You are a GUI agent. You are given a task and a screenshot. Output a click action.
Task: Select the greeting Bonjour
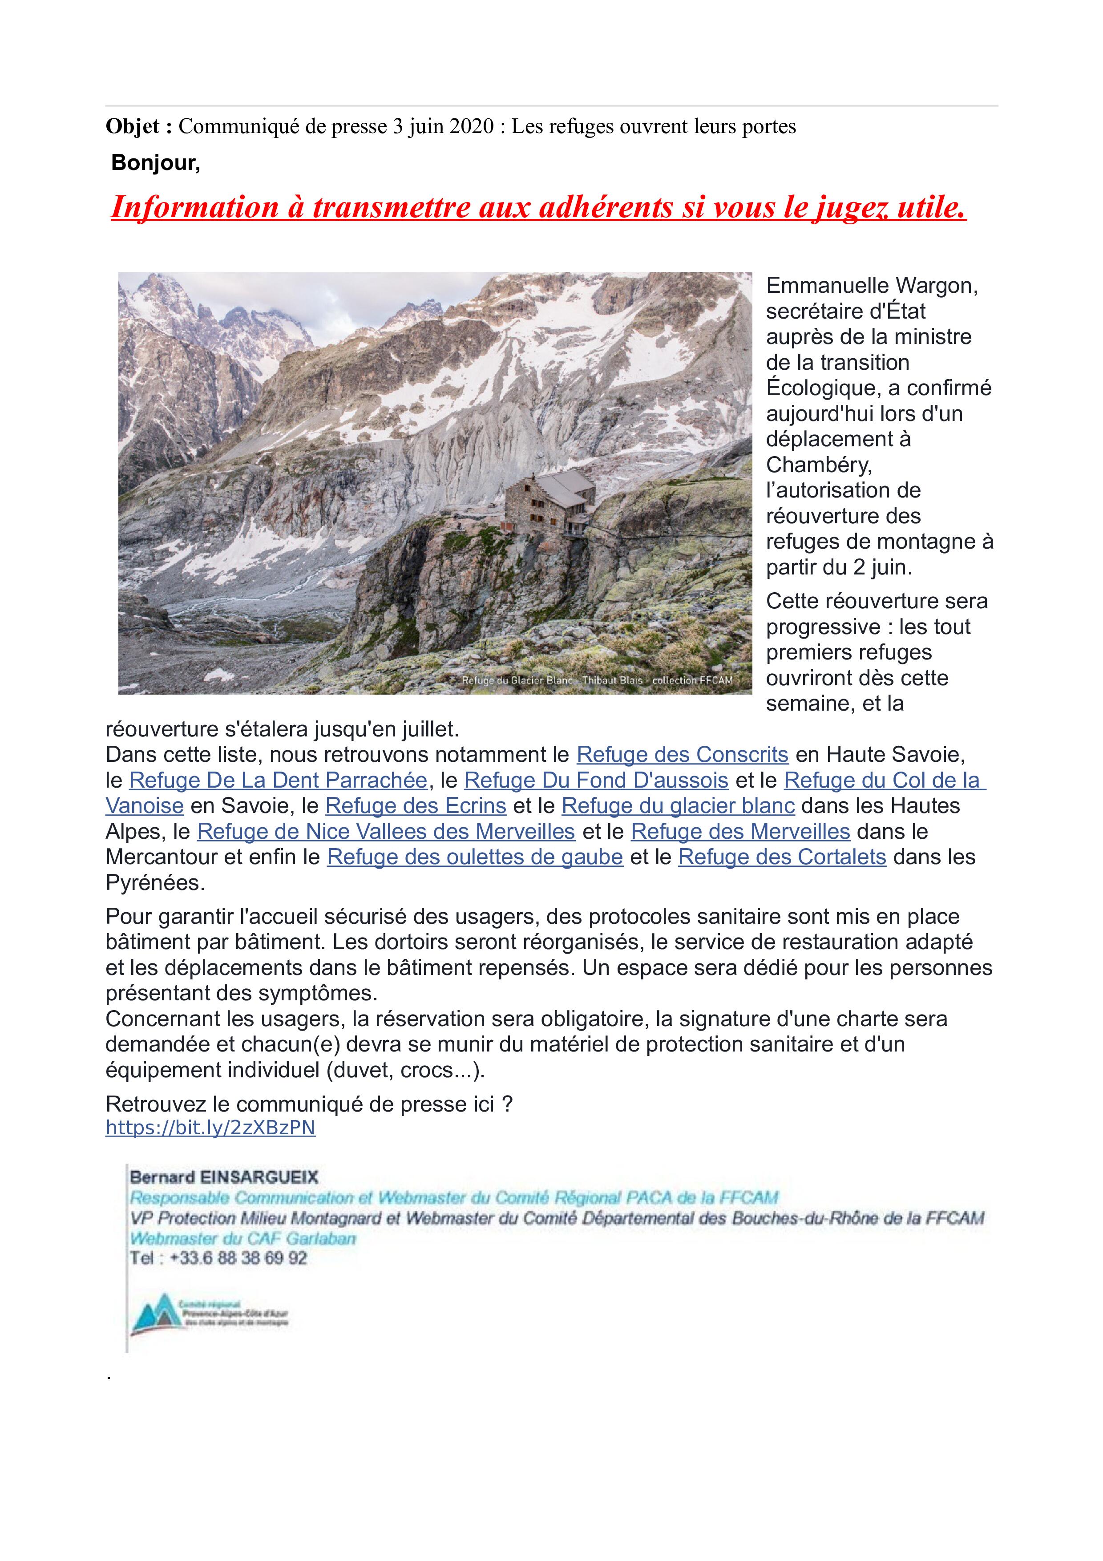(x=156, y=163)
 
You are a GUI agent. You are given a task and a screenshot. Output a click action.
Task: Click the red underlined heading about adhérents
(x=538, y=207)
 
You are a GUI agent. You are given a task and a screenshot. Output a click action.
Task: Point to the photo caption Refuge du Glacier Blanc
(x=517, y=680)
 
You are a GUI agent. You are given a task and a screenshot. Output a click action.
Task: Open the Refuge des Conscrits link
(x=683, y=755)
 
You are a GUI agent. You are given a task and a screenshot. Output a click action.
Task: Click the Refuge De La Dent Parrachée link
(x=278, y=780)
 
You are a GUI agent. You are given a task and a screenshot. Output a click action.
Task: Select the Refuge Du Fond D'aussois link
(x=596, y=780)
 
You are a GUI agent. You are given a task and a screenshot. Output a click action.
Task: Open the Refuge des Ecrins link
(x=416, y=806)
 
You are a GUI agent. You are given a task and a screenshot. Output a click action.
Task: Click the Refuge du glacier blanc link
(x=678, y=806)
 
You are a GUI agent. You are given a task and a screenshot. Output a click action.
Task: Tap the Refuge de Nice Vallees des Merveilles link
(x=386, y=832)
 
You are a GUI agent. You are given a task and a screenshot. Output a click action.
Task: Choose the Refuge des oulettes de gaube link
(x=475, y=857)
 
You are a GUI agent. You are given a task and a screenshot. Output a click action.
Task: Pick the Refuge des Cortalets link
(x=782, y=857)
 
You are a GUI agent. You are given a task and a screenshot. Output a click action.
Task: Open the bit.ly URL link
(x=210, y=1128)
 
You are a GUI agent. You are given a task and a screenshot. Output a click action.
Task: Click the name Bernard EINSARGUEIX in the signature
(x=224, y=1177)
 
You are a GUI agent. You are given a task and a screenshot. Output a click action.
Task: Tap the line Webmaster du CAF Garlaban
(x=242, y=1238)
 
